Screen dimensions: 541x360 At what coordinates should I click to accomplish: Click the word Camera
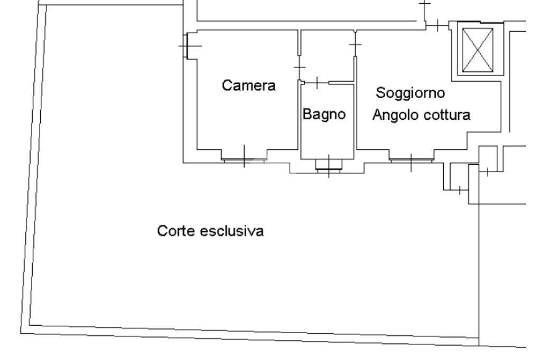tap(249, 86)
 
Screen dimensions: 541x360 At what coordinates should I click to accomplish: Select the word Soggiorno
tap(410, 93)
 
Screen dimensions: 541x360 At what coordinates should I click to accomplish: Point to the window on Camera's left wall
tap(188, 46)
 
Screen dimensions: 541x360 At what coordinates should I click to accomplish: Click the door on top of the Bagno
tap(316, 82)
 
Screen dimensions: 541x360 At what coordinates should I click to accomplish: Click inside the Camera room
tap(243, 121)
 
